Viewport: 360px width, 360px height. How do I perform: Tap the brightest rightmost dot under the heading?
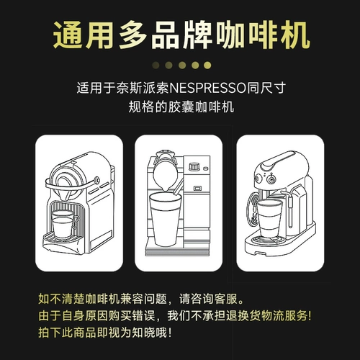click(x=207, y=66)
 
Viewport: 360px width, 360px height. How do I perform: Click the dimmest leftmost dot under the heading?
click(x=156, y=66)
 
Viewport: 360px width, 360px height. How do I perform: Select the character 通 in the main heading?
click(x=68, y=35)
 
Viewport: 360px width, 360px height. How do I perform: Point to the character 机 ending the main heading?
click(x=295, y=35)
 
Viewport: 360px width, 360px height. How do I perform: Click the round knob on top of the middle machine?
click(x=194, y=166)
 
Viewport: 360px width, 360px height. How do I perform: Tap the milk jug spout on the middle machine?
click(x=165, y=188)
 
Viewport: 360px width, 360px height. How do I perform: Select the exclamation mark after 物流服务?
click(x=309, y=315)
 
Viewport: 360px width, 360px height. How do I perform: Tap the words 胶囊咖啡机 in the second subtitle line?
click(x=201, y=107)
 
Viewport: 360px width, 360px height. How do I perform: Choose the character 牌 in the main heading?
click(x=197, y=35)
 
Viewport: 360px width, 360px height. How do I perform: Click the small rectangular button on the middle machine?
click(x=197, y=189)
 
